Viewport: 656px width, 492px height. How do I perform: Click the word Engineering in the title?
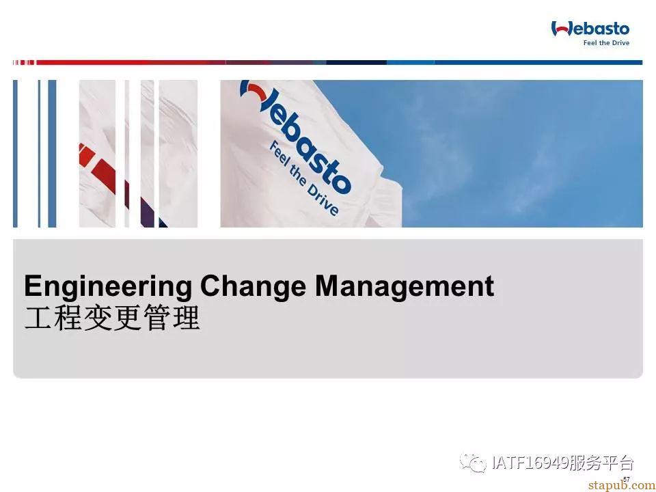(x=108, y=288)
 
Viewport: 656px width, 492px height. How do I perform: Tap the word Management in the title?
(x=404, y=288)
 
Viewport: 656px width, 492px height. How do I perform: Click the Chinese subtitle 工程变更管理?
(x=112, y=318)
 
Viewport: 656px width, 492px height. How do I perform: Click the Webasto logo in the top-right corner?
(x=590, y=33)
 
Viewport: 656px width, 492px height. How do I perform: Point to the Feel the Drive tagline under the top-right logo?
(x=606, y=42)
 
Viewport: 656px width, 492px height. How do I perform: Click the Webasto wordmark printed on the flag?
(x=295, y=136)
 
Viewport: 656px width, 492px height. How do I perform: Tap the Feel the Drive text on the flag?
(x=303, y=178)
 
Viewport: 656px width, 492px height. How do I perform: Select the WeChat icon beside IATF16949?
(x=473, y=463)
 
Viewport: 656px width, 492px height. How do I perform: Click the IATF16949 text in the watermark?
(x=530, y=463)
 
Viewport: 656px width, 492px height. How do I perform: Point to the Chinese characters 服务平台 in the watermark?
(x=601, y=463)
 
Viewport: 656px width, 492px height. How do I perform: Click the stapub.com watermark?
(x=622, y=485)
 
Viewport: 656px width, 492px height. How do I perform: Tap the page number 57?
(x=627, y=479)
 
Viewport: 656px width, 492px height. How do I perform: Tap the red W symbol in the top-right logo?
(x=561, y=29)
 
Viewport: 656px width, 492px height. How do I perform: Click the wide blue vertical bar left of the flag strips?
(x=52, y=154)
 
